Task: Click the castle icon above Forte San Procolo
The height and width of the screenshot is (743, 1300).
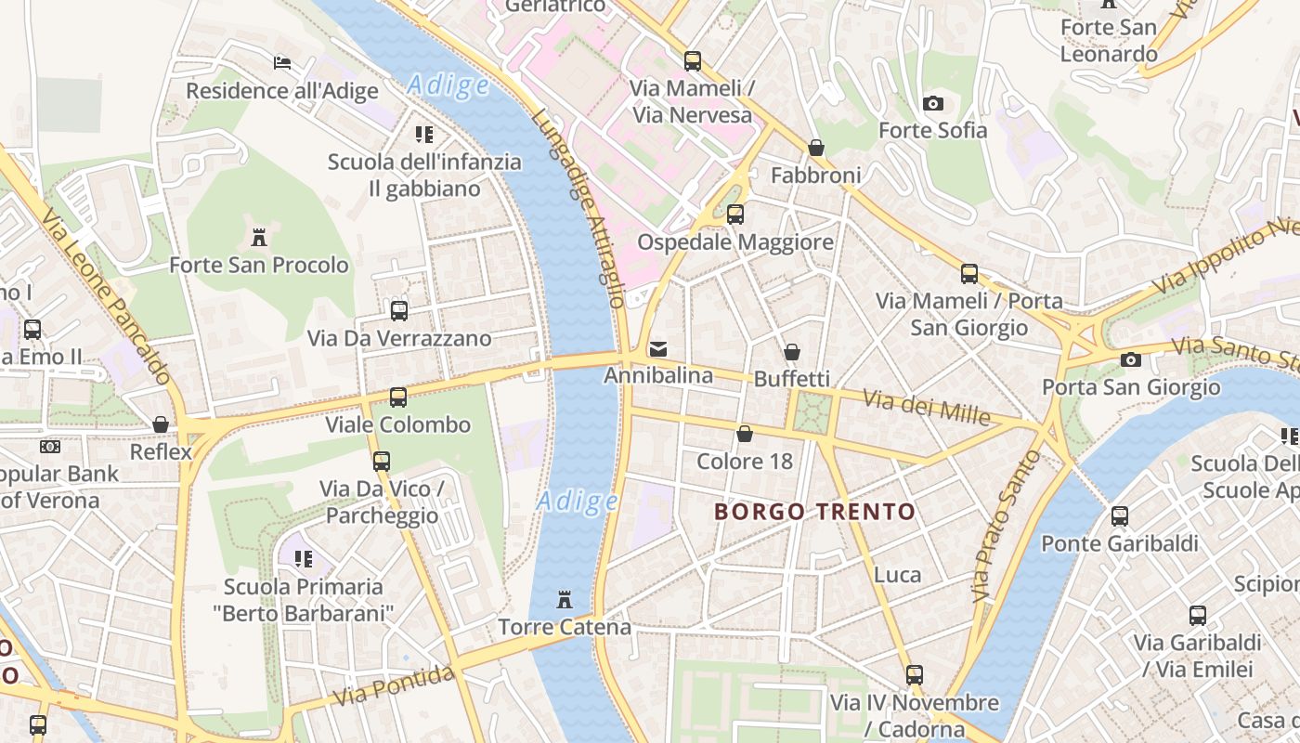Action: (x=259, y=238)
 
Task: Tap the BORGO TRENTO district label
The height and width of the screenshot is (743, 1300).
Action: (x=815, y=512)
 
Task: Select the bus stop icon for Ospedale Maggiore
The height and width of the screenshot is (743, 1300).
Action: (x=735, y=215)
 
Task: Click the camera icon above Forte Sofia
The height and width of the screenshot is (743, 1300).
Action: (x=933, y=103)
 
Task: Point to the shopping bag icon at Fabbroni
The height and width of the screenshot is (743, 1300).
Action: (x=815, y=148)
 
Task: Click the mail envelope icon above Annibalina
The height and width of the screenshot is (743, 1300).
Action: (x=658, y=349)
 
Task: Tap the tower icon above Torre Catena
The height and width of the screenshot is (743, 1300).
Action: (x=564, y=600)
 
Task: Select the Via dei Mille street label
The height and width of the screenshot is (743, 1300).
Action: (x=926, y=407)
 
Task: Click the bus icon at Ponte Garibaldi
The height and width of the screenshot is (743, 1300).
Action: (x=1120, y=516)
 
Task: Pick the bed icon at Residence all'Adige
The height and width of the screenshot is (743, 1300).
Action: (x=282, y=63)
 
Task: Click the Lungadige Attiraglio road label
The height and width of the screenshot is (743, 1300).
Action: (x=579, y=208)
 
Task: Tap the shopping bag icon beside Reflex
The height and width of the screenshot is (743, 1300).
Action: (x=161, y=424)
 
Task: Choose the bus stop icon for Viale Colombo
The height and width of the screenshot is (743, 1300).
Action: (x=398, y=398)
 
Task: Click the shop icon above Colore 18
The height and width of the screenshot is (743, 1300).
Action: (x=745, y=434)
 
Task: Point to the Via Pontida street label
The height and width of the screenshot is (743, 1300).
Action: (x=395, y=684)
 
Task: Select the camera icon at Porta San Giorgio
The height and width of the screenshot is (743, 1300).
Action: (x=1130, y=359)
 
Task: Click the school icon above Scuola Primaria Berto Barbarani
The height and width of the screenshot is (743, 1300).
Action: (x=304, y=559)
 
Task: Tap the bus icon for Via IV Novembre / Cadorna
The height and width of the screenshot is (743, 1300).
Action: (x=915, y=675)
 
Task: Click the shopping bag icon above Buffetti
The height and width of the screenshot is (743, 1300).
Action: (x=792, y=352)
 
